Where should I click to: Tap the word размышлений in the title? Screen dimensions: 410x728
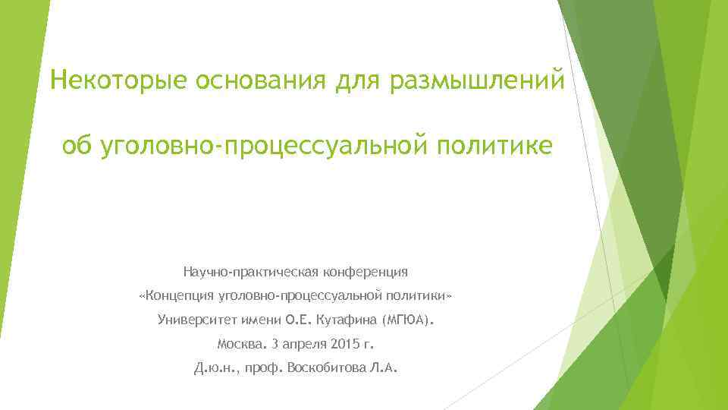coord(477,80)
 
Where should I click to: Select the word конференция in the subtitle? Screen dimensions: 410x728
coord(366,271)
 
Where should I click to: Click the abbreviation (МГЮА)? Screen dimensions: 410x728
coord(410,319)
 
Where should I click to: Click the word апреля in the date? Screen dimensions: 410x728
coord(300,344)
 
